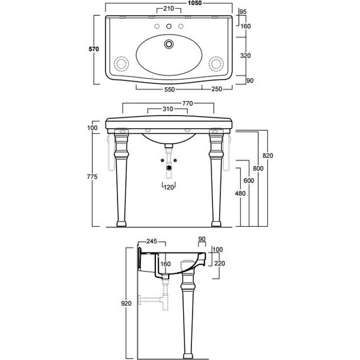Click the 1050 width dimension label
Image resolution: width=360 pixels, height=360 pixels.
tap(195, 3)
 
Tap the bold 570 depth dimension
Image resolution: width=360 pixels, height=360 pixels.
tap(93, 49)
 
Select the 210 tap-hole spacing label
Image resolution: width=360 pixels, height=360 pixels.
tap(169, 9)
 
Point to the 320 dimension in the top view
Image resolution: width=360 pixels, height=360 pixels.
tap(246, 56)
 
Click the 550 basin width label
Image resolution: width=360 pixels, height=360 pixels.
tap(169, 89)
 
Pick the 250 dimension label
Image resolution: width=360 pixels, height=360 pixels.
tap(217, 89)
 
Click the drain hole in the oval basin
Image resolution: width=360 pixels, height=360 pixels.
tap(169, 44)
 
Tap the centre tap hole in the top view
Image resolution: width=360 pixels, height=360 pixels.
tap(169, 27)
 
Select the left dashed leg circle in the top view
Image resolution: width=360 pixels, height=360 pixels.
tap(121, 63)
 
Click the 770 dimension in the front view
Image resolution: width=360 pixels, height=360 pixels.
tap(188, 104)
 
